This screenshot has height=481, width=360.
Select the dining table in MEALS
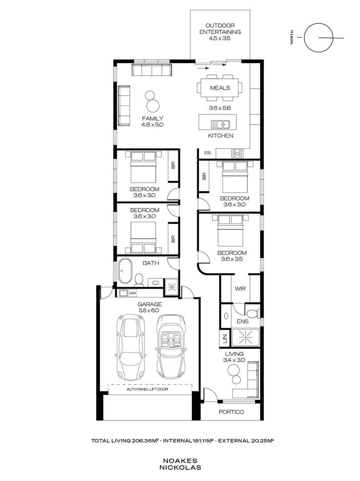tap(220, 88)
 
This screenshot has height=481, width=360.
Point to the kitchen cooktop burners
tap(237, 154)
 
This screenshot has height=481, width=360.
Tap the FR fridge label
tap(207, 153)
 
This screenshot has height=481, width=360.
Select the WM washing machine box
tap(133, 293)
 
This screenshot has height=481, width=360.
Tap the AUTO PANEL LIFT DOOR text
tap(150, 389)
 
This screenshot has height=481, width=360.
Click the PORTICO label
tap(231, 412)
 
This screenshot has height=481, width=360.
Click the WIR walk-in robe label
tap(240, 289)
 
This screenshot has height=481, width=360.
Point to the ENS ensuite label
tap(243, 321)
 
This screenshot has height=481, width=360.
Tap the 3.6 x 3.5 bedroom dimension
tap(232, 259)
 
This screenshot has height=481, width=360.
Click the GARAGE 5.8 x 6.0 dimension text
tap(149, 310)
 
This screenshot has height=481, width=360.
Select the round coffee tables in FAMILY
tap(152, 102)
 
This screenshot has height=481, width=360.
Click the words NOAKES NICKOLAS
tap(180, 464)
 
